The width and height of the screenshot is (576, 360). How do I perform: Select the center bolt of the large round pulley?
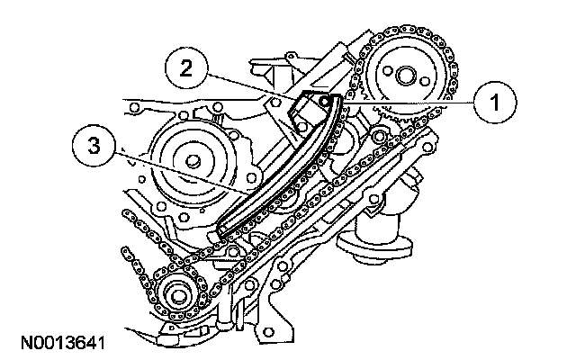pyautogui.click(x=193, y=162)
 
